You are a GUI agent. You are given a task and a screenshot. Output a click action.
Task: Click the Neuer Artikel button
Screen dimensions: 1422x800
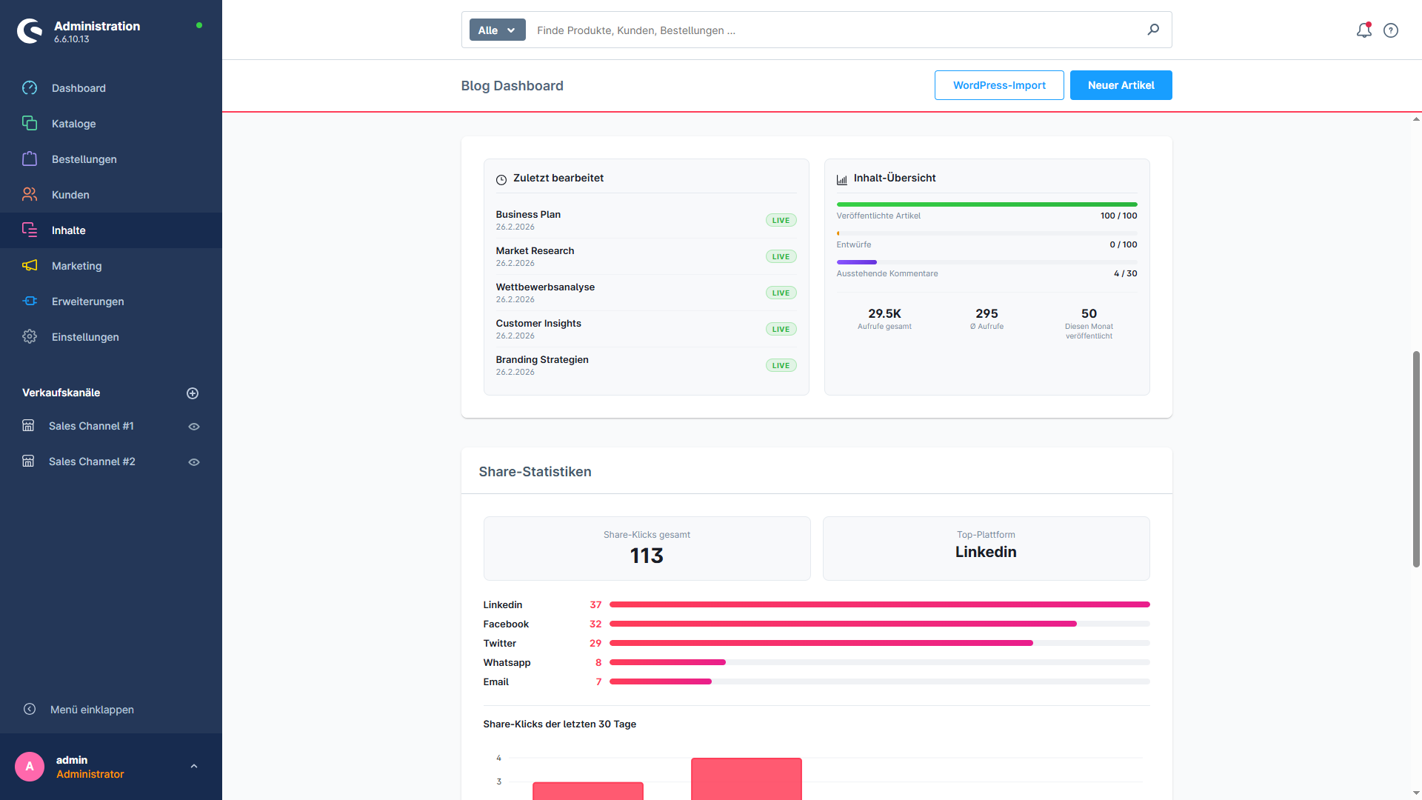click(1121, 85)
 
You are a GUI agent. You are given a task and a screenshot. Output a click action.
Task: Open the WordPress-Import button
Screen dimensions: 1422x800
click(999, 85)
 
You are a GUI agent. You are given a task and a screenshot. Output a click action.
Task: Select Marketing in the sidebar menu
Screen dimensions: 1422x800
click(76, 266)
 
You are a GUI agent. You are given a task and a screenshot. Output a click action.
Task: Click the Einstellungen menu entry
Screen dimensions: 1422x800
click(85, 337)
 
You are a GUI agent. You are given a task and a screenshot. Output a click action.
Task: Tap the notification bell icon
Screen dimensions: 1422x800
click(1364, 30)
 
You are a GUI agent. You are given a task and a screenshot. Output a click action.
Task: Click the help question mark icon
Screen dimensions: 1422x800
click(1391, 30)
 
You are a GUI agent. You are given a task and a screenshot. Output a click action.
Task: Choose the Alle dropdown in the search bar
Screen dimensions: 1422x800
click(497, 30)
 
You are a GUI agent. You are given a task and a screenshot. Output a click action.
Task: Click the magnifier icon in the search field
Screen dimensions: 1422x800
click(1153, 30)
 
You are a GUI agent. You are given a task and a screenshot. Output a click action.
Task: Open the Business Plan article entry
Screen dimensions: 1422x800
click(528, 215)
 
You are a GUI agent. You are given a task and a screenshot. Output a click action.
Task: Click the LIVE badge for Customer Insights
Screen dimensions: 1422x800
click(781, 329)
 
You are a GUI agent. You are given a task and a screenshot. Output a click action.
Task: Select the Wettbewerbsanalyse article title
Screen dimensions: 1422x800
click(545, 287)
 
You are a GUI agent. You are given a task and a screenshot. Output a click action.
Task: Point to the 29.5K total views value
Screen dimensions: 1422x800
click(884, 313)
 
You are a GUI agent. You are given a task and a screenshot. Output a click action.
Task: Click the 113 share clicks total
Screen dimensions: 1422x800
click(647, 556)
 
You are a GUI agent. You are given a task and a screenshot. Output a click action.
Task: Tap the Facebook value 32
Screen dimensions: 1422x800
click(595, 624)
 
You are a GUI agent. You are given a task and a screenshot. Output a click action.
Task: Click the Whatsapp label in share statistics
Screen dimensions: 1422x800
click(507, 663)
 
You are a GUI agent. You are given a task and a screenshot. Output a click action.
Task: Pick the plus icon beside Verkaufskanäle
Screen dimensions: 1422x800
click(193, 393)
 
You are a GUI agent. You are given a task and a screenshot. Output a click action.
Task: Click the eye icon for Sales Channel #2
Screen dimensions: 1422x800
click(194, 462)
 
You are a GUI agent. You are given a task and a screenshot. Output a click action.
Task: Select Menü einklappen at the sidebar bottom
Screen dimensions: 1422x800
click(92, 710)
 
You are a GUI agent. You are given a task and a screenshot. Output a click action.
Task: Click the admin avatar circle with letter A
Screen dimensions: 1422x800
click(30, 767)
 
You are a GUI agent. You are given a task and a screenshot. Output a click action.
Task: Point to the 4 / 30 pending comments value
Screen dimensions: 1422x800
click(1125, 273)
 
